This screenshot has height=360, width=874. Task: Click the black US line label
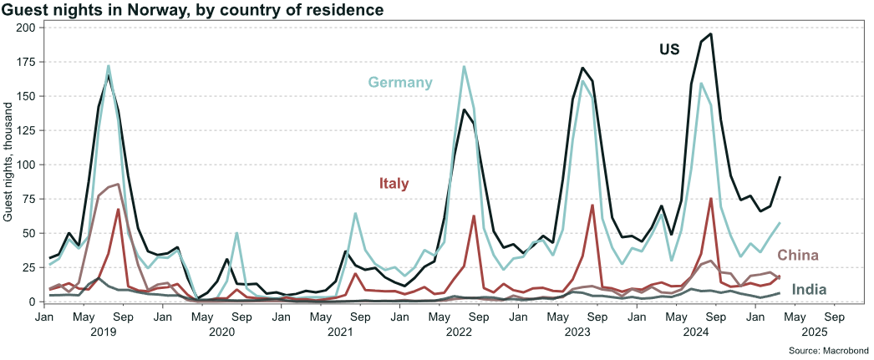(x=668, y=49)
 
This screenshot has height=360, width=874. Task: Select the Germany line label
(x=400, y=82)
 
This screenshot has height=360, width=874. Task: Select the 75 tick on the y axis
(x=28, y=199)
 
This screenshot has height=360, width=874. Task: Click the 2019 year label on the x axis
(x=104, y=332)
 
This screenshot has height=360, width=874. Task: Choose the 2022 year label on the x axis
(x=459, y=332)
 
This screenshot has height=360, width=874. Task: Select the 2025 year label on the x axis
(x=814, y=332)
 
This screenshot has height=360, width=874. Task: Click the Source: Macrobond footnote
(x=827, y=350)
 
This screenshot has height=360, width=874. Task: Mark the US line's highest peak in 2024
(x=710, y=34)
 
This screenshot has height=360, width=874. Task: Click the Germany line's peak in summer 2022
(x=464, y=67)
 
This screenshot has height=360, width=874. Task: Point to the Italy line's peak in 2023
(x=592, y=205)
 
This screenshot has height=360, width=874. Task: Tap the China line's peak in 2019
(x=119, y=185)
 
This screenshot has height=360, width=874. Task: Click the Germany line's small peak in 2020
(x=236, y=233)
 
